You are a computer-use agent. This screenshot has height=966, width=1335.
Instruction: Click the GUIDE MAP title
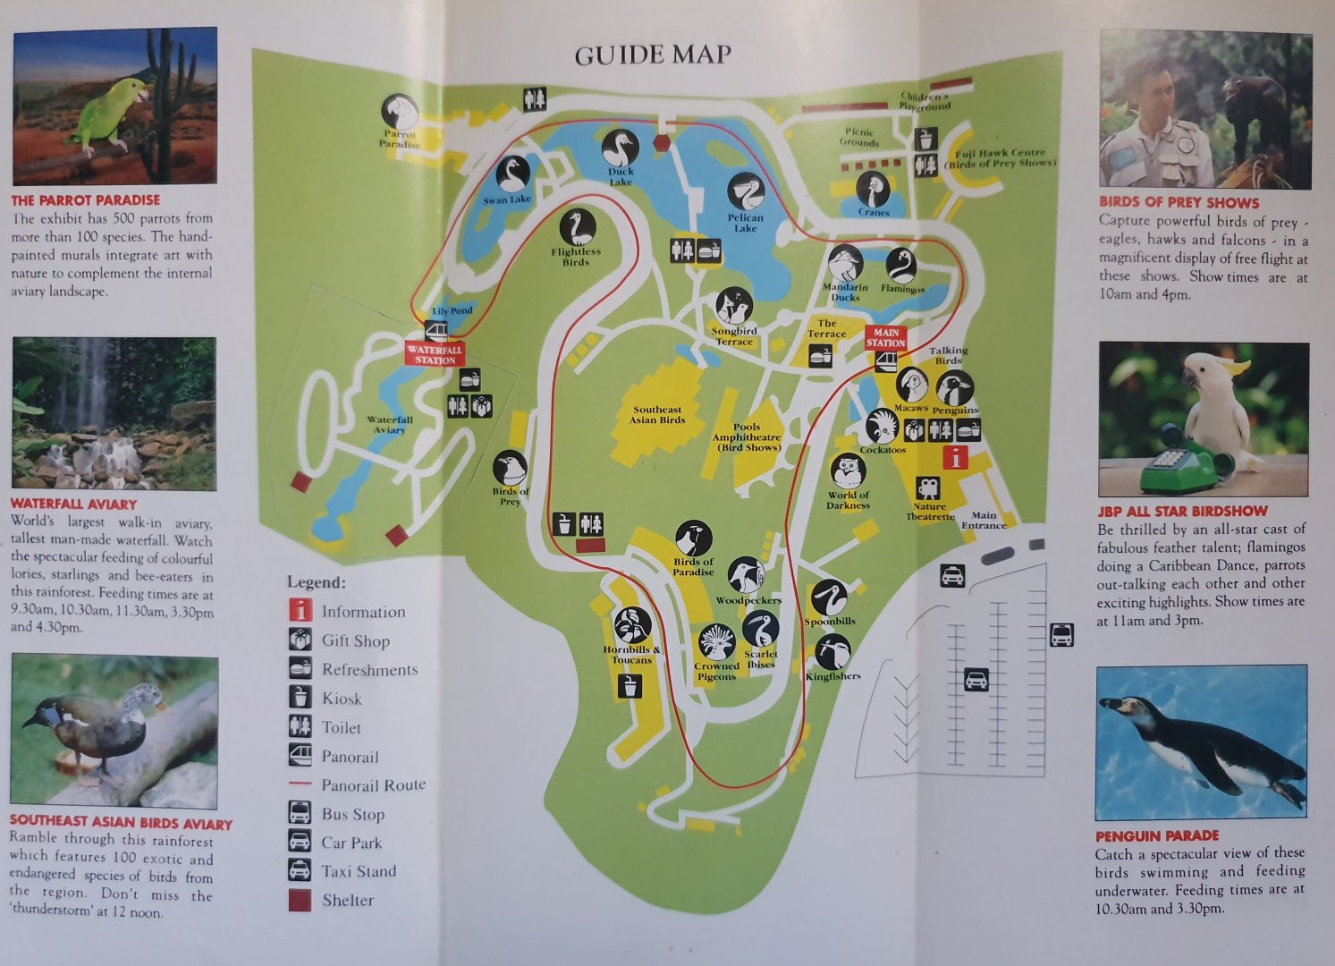[653, 55]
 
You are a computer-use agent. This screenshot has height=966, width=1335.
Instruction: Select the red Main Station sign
[885, 338]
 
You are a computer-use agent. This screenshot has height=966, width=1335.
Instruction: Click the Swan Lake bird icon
[513, 174]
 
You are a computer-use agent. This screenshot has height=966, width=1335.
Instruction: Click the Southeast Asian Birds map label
[657, 415]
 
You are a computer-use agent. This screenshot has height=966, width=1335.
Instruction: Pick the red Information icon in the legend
[300, 612]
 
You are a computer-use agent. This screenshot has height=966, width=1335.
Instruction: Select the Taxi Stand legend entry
[358, 871]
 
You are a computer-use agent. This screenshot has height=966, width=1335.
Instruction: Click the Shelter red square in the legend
[300, 900]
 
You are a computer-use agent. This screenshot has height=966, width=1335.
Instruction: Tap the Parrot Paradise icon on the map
[400, 112]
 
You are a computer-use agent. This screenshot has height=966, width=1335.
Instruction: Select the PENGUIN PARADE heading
[1157, 835]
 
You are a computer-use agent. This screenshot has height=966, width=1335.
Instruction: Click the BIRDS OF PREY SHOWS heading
[1179, 203]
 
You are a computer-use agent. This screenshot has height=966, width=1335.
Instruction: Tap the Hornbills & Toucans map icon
[632, 625]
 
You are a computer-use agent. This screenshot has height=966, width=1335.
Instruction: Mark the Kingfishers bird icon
[832, 651]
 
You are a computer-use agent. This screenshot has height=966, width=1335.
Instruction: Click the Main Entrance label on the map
[984, 520]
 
